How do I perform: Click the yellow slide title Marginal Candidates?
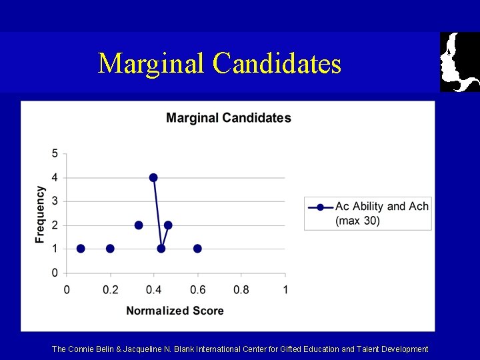tap(219, 64)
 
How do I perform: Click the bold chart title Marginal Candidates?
tap(228, 118)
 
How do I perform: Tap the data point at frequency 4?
tap(153, 177)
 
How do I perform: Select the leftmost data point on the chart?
tap(81, 249)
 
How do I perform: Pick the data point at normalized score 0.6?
tap(197, 249)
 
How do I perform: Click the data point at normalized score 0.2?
tap(110, 249)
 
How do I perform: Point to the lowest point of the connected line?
tap(161, 249)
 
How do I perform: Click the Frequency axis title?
tap(41, 214)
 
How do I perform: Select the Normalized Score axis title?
tap(175, 311)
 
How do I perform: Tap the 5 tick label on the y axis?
tap(55, 154)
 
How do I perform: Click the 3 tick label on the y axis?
tap(55, 201)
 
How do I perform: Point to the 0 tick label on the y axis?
tap(55, 273)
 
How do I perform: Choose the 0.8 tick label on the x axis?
tap(241, 290)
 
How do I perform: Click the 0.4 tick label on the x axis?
tap(153, 290)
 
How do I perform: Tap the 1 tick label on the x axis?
tap(285, 290)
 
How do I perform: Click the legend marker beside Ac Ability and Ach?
tap(320, 207)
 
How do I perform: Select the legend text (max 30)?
tap(357, 221)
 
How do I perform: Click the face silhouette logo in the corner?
tap(459, 61)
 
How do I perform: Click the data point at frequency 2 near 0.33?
tap(139, 225)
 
